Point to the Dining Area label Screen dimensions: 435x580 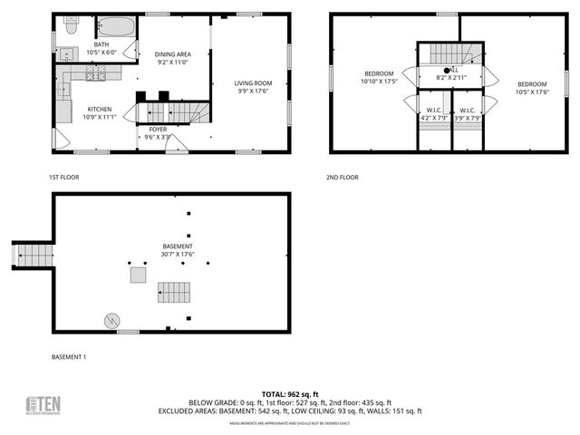tap(171, 58)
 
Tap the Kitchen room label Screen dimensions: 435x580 tap(99, 113)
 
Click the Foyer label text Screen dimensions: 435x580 tap(158, 132)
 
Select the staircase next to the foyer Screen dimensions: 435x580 tap(171, 112)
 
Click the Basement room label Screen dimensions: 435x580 tap(178, 251)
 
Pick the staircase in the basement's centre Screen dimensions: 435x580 tap(175, 292)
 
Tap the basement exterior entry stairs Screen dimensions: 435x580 tap(34, 255)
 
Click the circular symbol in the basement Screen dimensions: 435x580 tap(111, 320)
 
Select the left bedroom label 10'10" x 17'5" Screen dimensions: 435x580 tap(379, 78)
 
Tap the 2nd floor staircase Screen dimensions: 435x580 tap(445, 53)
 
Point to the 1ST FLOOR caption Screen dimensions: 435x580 tap(65, 177)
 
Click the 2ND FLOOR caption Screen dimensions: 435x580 tap(343, 177)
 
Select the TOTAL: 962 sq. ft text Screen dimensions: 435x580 tap(291, 394)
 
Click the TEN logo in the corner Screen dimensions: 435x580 tap(43, 406)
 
